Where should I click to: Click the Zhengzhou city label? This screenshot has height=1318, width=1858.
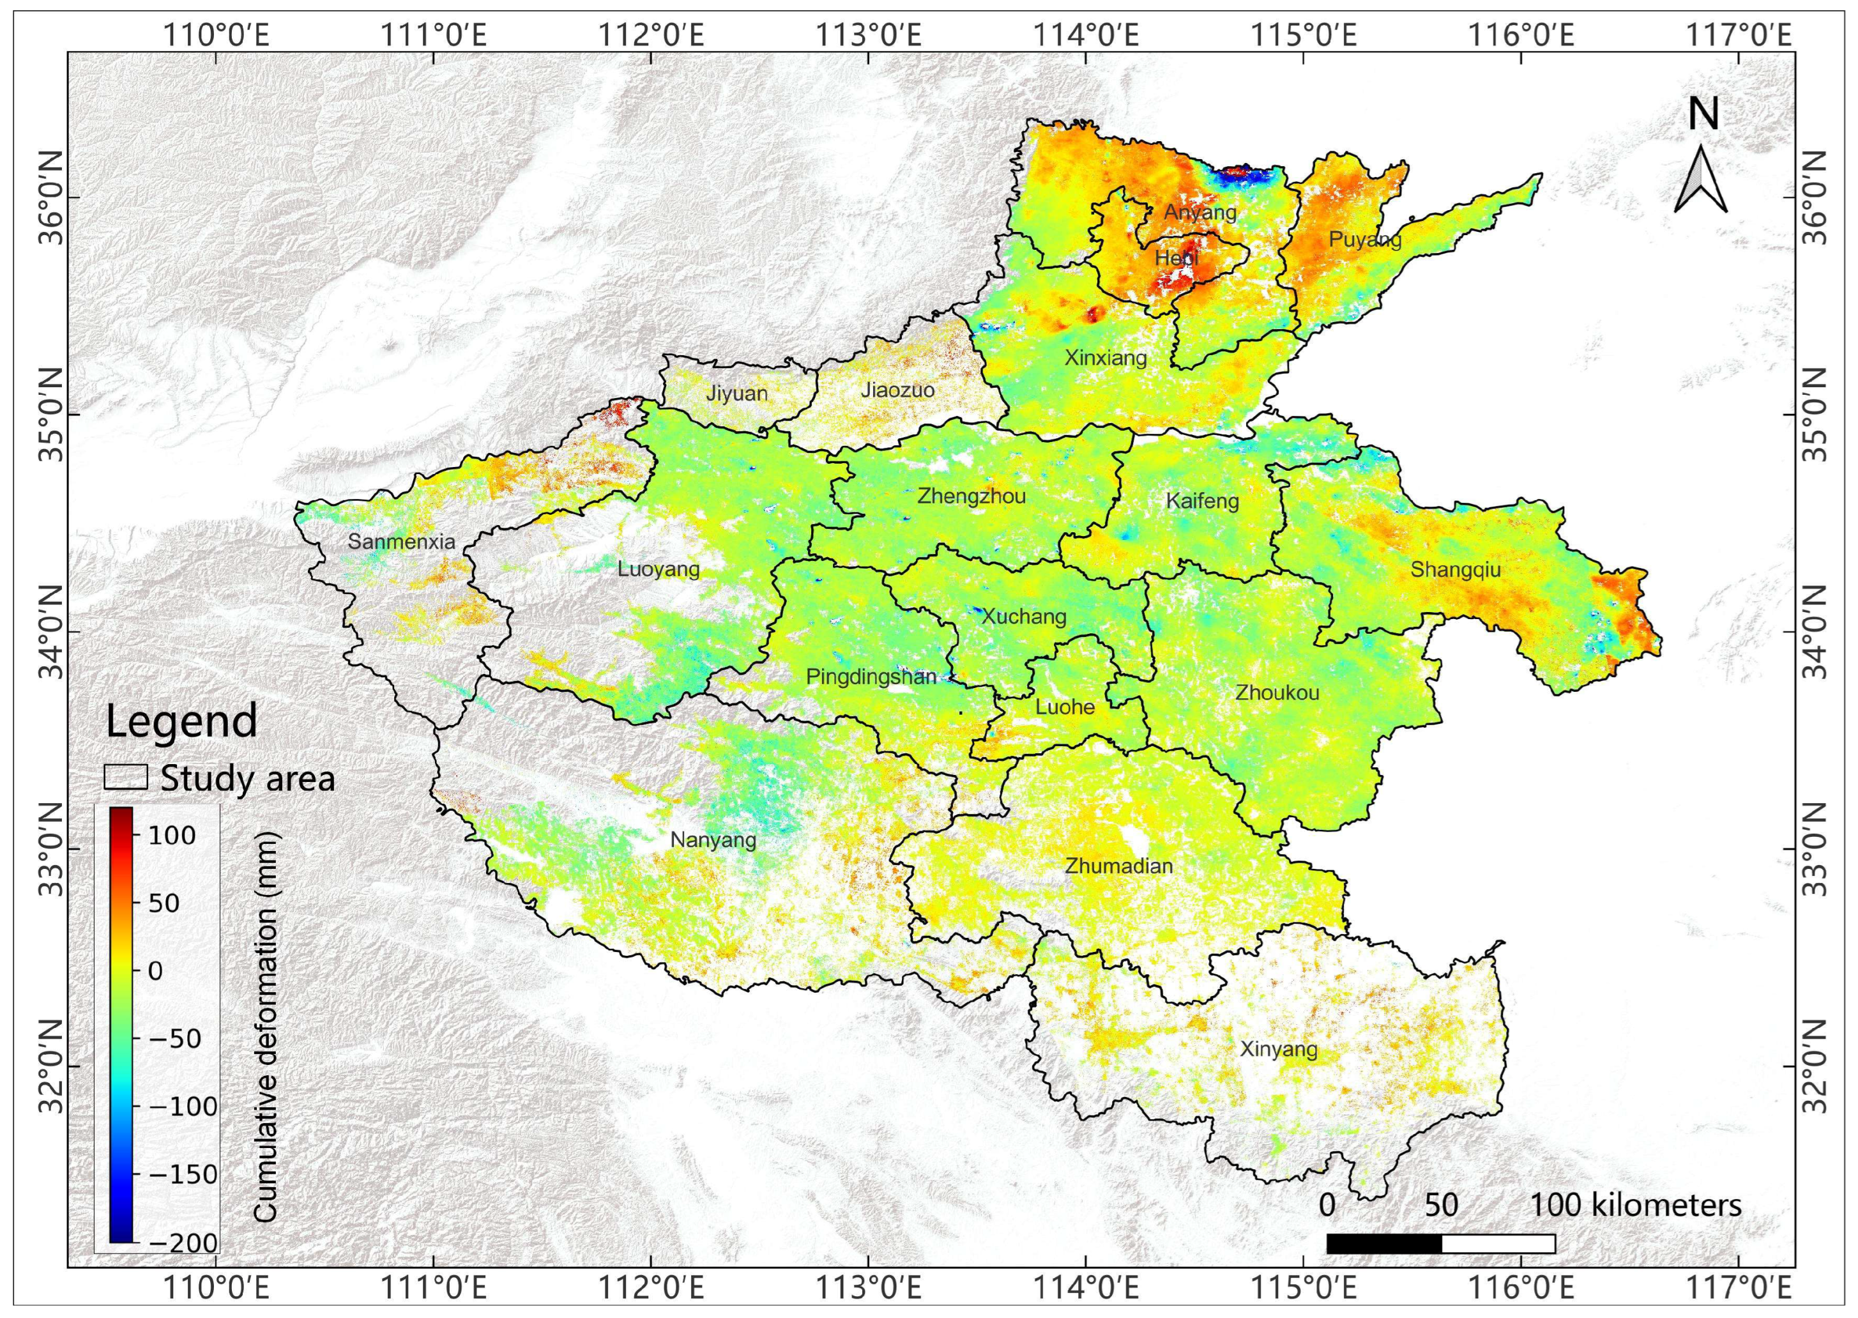coord(971,496)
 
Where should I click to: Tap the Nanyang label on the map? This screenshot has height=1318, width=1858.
coord(713,840)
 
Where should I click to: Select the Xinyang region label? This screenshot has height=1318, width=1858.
coord(1279,1050)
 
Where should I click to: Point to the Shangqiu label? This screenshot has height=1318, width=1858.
coord(1456,570)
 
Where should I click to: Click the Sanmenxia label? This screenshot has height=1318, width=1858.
coord(402,541)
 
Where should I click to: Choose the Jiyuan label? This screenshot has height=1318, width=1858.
coord(736,394)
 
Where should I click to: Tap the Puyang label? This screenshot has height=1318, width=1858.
coord(1366,240)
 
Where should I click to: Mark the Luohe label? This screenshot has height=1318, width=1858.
coord(1065,707)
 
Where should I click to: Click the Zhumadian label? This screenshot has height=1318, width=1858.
coord(1119,866)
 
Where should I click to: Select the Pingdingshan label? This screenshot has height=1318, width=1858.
coord(871,677)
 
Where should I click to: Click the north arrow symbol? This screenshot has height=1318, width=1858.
coord(1702,183)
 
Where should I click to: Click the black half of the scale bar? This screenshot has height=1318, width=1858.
coord(1383,1266)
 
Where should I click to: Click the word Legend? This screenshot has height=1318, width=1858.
coord(182,721)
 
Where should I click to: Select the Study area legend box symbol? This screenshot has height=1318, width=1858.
coord(126,777)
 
